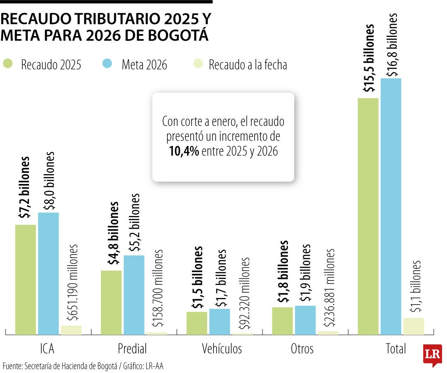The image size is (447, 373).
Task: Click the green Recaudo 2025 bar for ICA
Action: tap(26, 279)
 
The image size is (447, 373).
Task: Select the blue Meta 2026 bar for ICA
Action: tap(48, 273)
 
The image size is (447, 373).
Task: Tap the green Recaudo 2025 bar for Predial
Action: tap(111, 302)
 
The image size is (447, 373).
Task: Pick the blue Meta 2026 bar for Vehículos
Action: tap(219, 321)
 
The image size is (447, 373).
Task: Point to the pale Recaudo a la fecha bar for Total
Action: tap(414, 326)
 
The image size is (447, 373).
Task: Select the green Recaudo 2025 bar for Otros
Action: tap(282, 320)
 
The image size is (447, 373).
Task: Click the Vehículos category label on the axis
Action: tap(221, 349)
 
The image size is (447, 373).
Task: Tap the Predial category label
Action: tap(132, 349)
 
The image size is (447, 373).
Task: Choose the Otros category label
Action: tap(302, 349)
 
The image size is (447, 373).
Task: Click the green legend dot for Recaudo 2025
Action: tap(8, 65)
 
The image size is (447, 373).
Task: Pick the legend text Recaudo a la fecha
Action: tap(248, 65)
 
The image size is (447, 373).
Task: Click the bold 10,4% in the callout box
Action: tap(184, 152)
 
